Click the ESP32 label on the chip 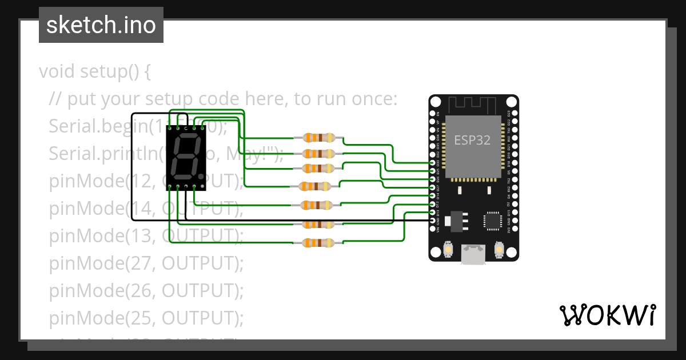(472, 140)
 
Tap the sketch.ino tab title (101, 25)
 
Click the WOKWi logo (607, 315)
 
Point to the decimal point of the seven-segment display (201, 175)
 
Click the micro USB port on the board (473, 254)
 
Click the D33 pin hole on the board (433, 163)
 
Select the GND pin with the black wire (433, 220)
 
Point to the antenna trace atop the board (473, 105)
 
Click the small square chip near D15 (492, 221)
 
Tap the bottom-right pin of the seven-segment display (194, 187)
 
